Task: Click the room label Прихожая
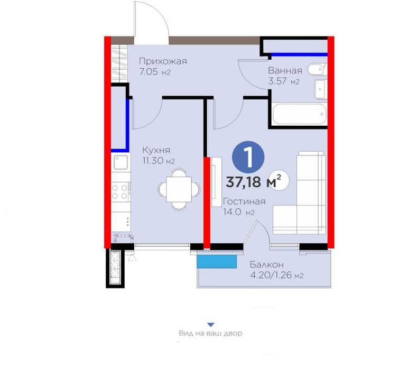click(162, 61)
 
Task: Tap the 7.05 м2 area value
click(154, 72)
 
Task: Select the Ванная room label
click(285, 70)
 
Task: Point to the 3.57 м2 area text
click(284, 81)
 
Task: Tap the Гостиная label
click(244, 201)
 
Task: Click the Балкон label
click(267, 264)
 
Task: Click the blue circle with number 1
click(248, 157)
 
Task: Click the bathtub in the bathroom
click(299, 114)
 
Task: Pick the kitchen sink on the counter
click(121, 162)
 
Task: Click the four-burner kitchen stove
click(121, 191)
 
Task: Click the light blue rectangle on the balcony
click(217, 260)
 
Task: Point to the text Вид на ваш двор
click(210, 334)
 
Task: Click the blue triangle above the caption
click(210, 325)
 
